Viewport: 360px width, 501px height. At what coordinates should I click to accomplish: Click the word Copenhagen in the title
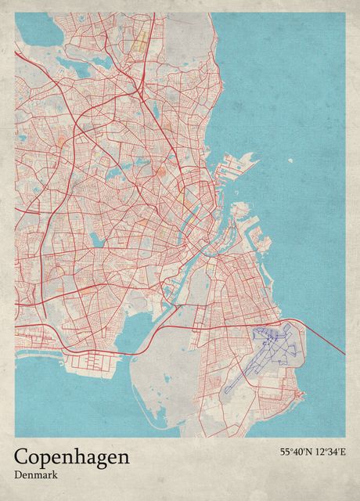71,458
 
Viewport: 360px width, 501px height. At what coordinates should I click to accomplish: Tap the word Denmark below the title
34,474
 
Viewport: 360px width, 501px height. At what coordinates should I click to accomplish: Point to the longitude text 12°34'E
329,452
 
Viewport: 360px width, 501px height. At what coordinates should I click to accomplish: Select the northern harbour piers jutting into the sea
238,164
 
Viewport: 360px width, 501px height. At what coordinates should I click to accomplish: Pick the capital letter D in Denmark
18,474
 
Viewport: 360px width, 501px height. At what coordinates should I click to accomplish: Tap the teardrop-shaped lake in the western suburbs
95,238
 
